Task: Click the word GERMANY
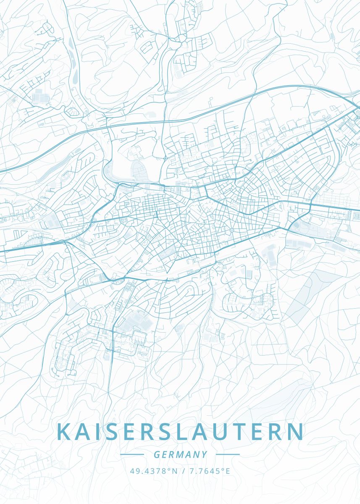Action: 180,454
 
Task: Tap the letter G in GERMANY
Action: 157,454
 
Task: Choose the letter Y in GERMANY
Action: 205,454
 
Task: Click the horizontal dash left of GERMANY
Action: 132,454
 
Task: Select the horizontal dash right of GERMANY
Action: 228,454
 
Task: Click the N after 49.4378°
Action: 175,471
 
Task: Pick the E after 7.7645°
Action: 228,471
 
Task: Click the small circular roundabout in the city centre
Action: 231,230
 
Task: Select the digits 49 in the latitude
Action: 134,471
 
